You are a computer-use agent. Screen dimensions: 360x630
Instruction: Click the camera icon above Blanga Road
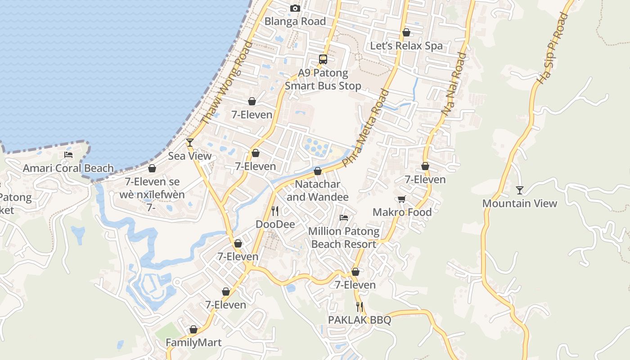pyautogui.click(x=295, y=8)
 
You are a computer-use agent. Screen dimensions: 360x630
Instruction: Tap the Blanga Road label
pyautogui.click(x=295, y=21)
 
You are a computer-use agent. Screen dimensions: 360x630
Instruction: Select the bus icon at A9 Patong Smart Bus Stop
pyautogui.click(x=323, y=59)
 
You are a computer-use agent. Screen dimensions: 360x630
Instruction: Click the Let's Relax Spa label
pyautogui.click(x=406, y=46)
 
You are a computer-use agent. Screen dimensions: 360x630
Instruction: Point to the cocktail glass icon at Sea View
pyautogui.click(x=190, y=143)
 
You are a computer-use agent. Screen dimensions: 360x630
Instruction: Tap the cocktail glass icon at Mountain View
pyautogui.click(x=520, y=190)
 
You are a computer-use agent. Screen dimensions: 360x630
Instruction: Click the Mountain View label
pyautogui.click(x=520, y=203)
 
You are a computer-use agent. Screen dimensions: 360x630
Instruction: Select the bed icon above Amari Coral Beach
pyautogui.click(x=68, y=155)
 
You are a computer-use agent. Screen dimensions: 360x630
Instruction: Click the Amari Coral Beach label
pyautogui.click(x=68, y=168)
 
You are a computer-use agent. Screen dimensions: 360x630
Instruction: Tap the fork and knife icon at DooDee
pyautogui.click(x=275, y=211)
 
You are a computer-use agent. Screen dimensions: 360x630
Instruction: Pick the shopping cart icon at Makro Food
pyautogui.click(x=402, y=199)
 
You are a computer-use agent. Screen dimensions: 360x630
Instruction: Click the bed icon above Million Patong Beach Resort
pyautogui.click(x=344, y=218)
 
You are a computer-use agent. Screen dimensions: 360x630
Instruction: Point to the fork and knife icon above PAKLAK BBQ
pyautogui.click(x=360, y=307)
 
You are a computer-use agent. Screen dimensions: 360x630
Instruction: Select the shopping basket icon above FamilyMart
pyautogui.click(x=193, y=329)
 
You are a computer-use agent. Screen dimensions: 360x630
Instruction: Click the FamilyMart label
pyautogui.click(x=193, y=343)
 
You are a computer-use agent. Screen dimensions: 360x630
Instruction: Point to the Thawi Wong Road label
pyautogui.click(x=227, y=83)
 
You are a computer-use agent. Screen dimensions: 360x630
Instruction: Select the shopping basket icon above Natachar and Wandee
pyautogui.click(x=318, y=171)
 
